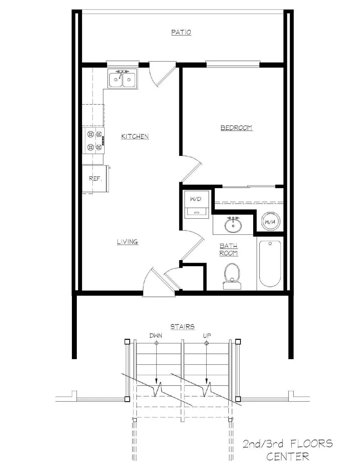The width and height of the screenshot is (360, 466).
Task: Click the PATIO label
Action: click(181, 32)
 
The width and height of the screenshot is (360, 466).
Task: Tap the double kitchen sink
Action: click(122, 79)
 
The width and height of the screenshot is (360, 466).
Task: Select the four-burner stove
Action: click(94, 141)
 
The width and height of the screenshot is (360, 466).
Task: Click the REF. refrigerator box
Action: click(95, 179)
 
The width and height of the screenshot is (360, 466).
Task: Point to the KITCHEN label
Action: click(135, 136)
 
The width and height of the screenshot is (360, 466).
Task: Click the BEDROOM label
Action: click(236, 128)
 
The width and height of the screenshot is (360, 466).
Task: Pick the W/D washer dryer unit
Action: click(196, 204)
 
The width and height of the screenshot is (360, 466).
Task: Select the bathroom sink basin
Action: click(233, 225)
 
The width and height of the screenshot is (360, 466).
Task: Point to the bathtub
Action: click(270, 264)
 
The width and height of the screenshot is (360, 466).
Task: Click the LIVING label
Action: click(127, 242)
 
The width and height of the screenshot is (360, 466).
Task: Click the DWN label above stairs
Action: click(156, 336)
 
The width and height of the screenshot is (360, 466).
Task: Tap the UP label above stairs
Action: click(207, 336)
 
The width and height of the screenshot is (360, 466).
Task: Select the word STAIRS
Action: click(182, 326)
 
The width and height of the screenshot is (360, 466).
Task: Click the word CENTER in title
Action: click(288, 456)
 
